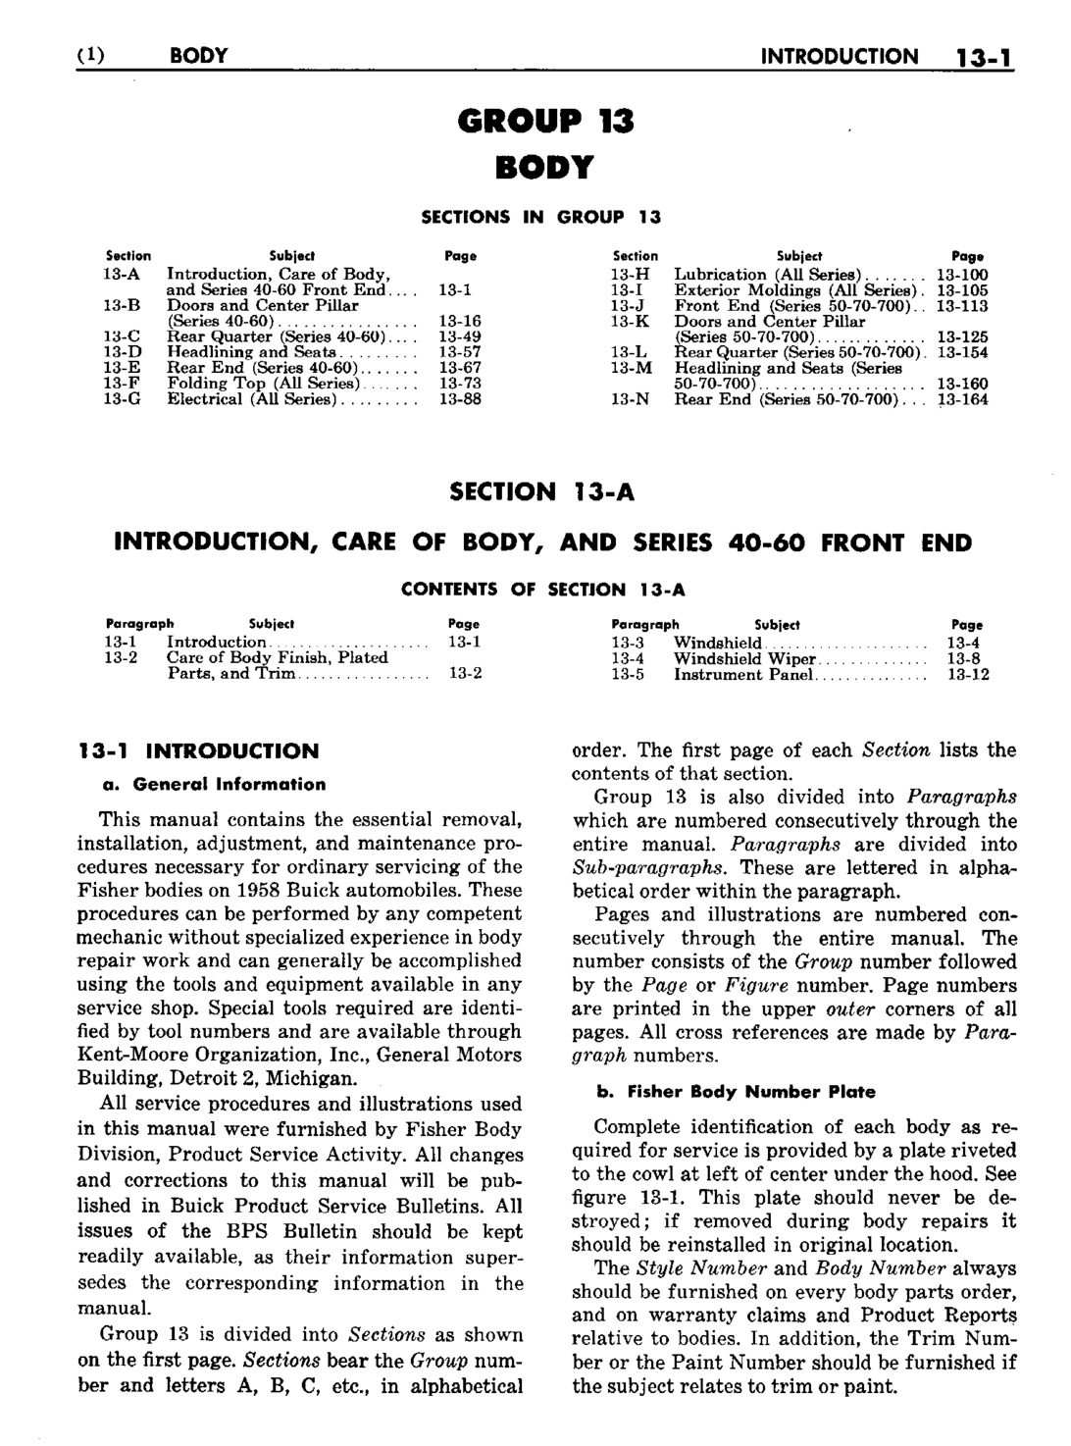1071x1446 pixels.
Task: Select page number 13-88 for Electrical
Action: [x=459, y=399]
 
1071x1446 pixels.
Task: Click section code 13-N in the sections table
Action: [x=630, y=399]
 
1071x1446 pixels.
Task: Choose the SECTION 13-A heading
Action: [x=541, y=491]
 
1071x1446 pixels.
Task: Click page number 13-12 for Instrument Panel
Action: [x=968, y=674]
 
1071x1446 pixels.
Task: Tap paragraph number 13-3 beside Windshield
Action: [x=628, y=643]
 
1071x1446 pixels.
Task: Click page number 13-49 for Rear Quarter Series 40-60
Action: [x=459, y=336]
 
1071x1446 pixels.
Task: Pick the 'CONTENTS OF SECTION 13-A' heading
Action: [x=542, y=590]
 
